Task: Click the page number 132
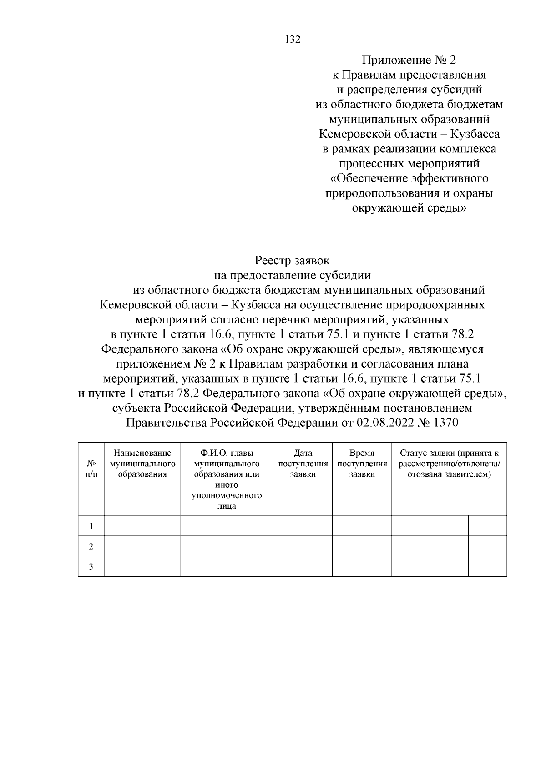(x=293, y=40)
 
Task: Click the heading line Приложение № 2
(x=408, y=60)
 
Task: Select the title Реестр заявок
(x=292, y=261)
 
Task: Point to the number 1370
(x=446, y=423)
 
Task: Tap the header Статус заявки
(x=449, y=464)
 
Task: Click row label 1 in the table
(x=91, y=526)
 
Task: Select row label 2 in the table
(x=91, y=546)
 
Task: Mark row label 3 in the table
(x=91, y=566)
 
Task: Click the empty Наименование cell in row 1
(x=142, y=526)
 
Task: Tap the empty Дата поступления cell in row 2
(x=303, y=546)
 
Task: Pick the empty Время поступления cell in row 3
(x=362, y=566)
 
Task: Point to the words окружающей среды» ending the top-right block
(x=409, y=208)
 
